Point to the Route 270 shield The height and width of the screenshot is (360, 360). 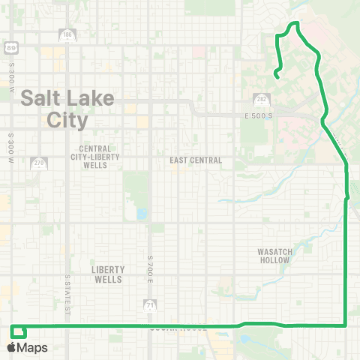point(38,163)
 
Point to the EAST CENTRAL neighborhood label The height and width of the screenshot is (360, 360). point(196,160)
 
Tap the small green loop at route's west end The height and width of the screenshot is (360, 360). point(19,331)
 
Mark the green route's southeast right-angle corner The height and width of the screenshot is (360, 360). point(344,325)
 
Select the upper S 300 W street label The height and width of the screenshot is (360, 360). point(13,76)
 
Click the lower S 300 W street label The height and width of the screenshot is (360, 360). point(11,148)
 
